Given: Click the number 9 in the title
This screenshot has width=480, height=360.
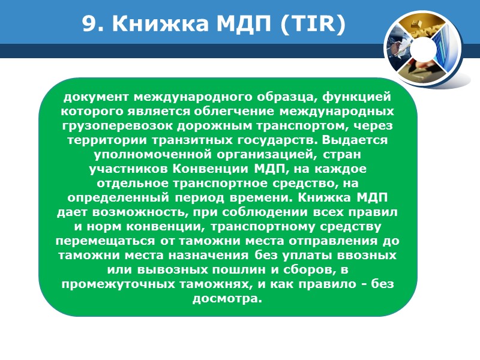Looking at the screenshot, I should pos(89,25).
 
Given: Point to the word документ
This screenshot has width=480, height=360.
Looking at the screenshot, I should pos(96,97).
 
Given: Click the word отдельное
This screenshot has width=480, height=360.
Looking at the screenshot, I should pos(131,184).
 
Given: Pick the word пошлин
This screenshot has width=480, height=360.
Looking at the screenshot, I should pos(240,270).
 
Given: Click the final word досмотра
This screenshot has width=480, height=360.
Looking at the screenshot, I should pos(227,299).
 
